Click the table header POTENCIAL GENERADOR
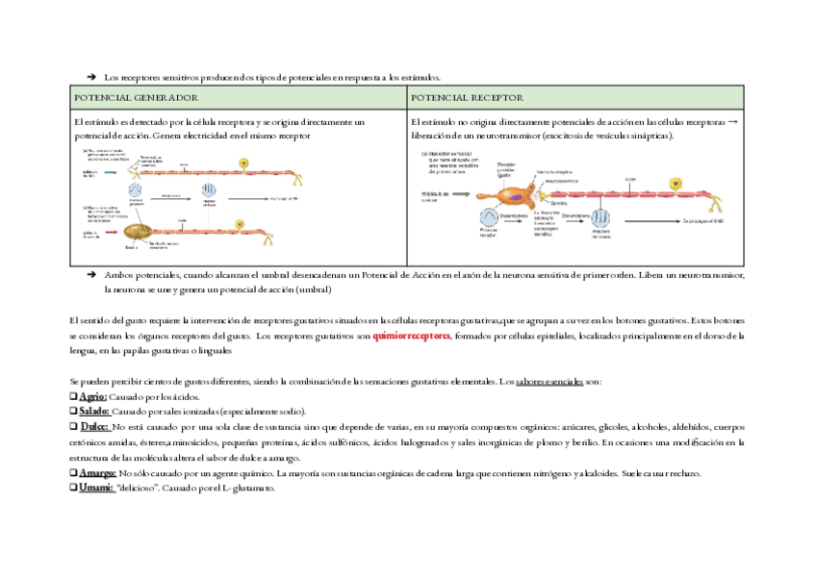(136, 98)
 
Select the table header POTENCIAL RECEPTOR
(466, 98)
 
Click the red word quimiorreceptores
(412, 337)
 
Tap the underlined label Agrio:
(92, 397)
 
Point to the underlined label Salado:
(95, 412)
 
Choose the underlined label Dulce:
(93, 427)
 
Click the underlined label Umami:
(97, 489)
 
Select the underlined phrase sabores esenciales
(549, 382)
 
